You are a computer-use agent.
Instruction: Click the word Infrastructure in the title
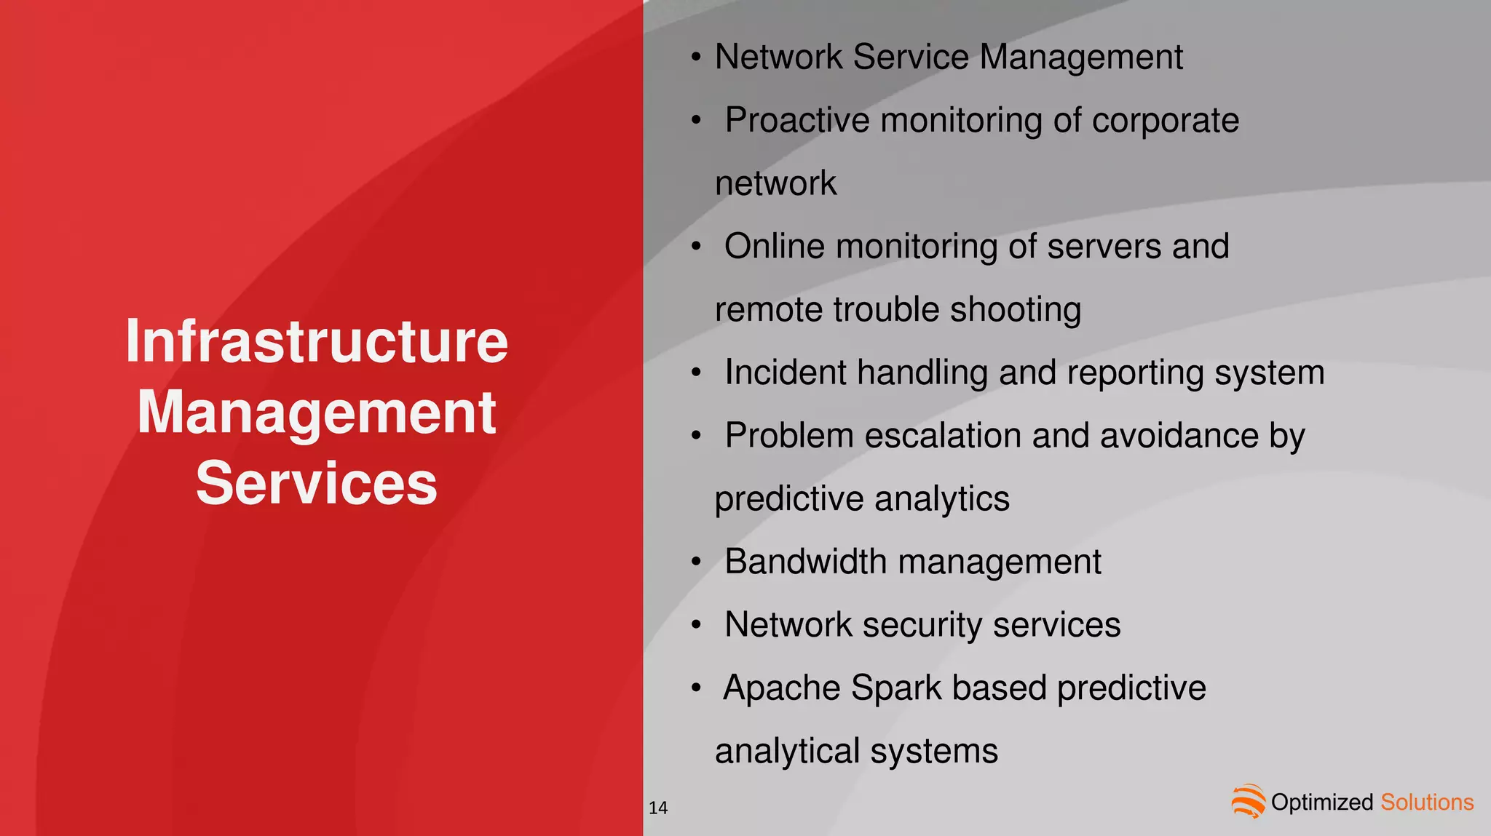pos(317,341)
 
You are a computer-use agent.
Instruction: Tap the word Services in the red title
pos(317,483)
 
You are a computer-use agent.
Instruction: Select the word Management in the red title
pos(317,413)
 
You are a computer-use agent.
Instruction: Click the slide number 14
pos(658,808)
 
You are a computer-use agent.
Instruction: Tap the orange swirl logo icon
pos(1249,801)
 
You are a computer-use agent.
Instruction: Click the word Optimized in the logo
pos(1321,803)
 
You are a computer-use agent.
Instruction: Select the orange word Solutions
pos(1427,803)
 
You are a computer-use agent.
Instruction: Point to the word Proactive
pos(797,120)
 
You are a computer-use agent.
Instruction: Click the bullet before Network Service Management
pos(697,57)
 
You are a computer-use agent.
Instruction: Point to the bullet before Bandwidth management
pos(697,562)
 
